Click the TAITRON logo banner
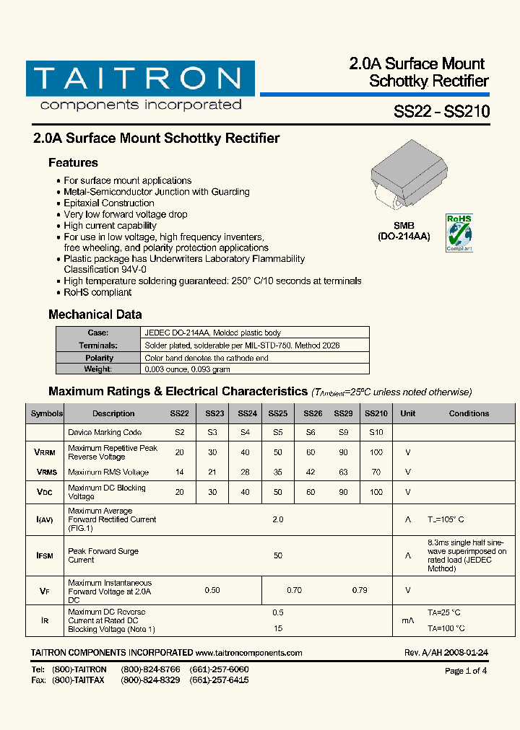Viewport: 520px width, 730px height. (140, 79)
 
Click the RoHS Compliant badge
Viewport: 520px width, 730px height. (459, 232)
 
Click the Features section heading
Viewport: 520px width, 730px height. (73, 163)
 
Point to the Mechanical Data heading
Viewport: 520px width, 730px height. (95, 315)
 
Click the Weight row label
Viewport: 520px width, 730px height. (98, 369)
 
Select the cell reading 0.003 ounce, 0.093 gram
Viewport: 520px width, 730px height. (187, 369)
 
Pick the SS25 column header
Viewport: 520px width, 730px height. (278, 414)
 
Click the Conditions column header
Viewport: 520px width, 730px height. (469, 414)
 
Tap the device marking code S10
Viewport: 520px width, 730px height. (376, 433)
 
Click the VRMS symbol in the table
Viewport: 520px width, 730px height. (45, 472)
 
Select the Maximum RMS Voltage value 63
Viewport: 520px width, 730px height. (343, 472)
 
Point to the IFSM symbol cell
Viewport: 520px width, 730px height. (45, 556)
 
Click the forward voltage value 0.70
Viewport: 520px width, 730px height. (294, 590)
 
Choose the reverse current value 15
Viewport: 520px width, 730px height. (278, 628)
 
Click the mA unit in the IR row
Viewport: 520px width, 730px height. (407, 620)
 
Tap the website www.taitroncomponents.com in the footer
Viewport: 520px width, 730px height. (248, 653)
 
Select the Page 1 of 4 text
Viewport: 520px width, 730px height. (466, 671)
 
